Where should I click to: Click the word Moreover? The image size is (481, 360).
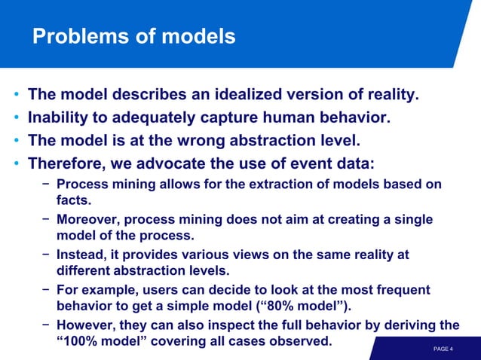88,219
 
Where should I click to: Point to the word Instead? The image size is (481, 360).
81,255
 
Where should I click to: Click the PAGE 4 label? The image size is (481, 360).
443,349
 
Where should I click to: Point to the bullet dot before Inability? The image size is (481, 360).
16,119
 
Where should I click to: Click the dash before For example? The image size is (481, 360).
46,290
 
